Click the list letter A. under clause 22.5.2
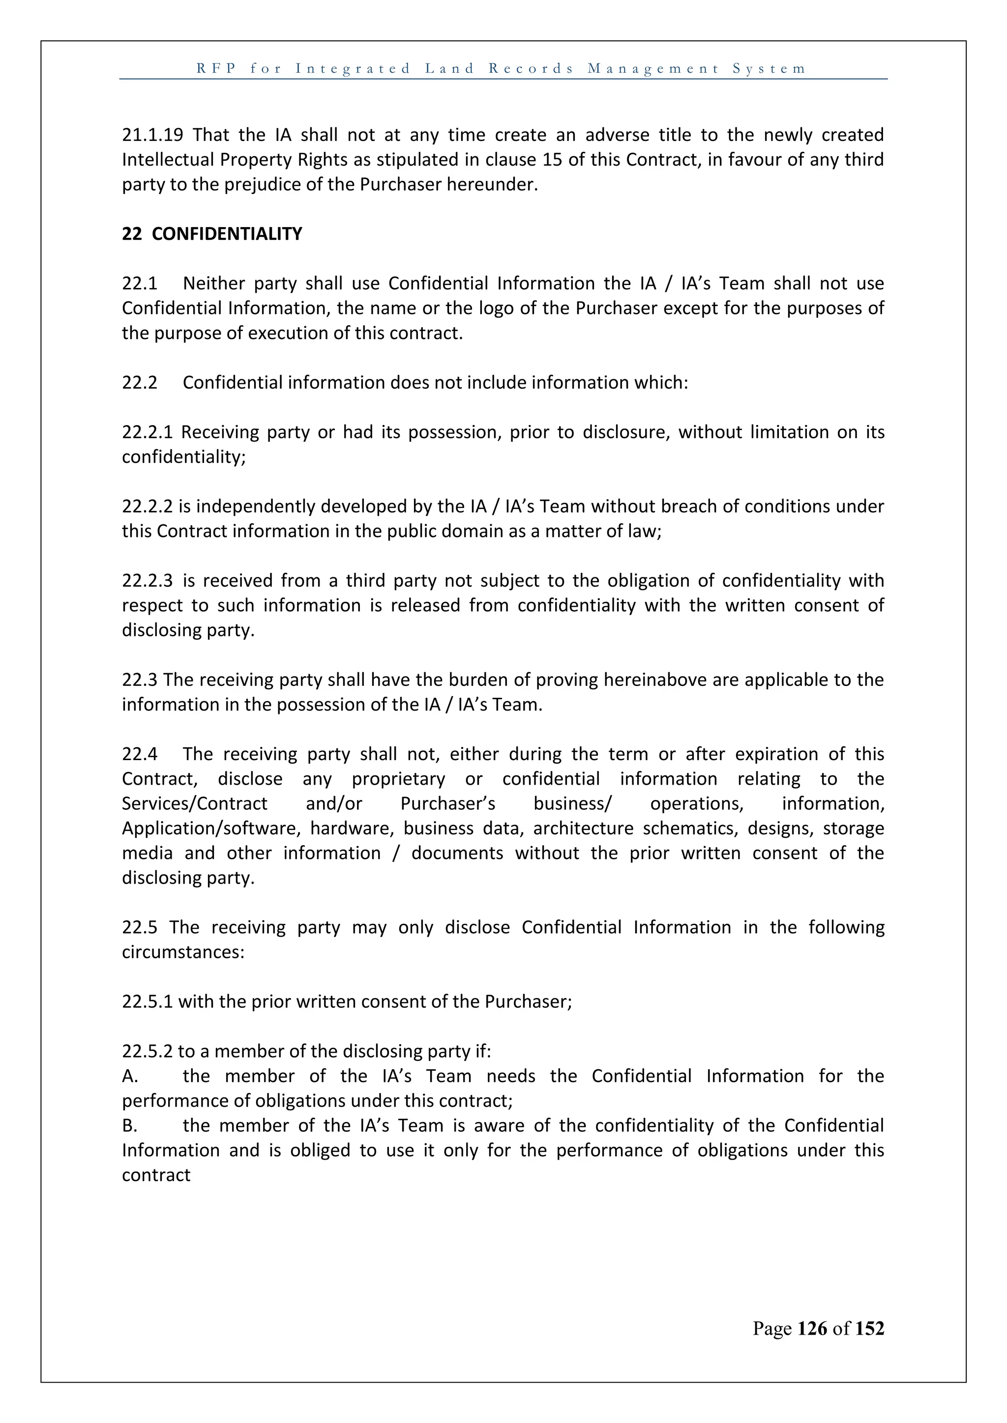[130, 1077]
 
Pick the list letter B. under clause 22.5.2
[130, 1126]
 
